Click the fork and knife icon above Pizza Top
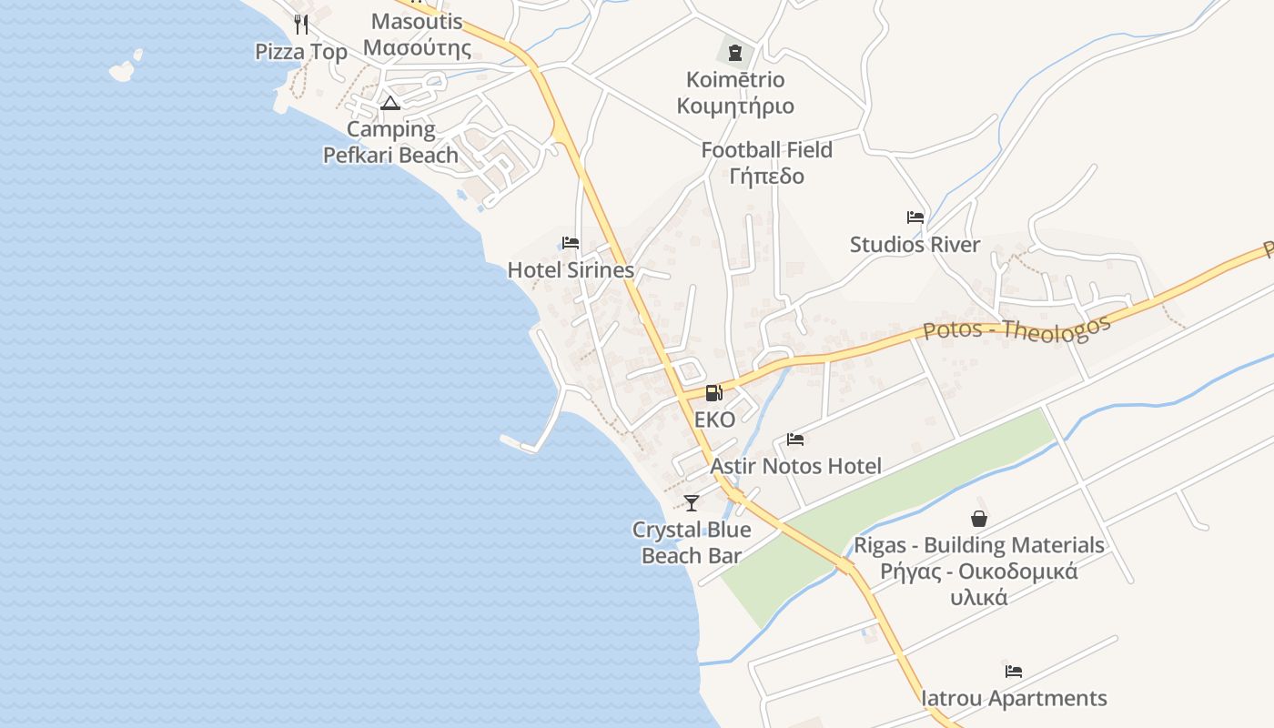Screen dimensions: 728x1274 301,25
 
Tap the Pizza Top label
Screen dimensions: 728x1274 301,52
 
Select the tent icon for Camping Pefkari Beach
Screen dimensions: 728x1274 390,103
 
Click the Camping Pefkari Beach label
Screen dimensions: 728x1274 391,142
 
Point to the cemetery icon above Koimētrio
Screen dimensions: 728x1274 735,53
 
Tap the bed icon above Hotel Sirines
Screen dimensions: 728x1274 571,243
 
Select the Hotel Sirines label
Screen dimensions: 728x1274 571,270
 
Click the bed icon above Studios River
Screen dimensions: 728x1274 915,217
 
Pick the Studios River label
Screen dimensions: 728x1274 915,245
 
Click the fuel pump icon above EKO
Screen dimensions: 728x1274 714,393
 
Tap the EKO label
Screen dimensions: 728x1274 714,420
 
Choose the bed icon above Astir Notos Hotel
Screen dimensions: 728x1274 795,440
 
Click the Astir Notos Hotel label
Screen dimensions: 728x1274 796,467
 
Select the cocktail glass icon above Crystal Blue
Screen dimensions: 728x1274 692,502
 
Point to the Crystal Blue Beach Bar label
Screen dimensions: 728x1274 692,542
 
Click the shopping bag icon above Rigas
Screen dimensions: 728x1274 979,519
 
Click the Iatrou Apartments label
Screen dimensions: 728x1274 1015,699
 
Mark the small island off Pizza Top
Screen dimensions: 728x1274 125,68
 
